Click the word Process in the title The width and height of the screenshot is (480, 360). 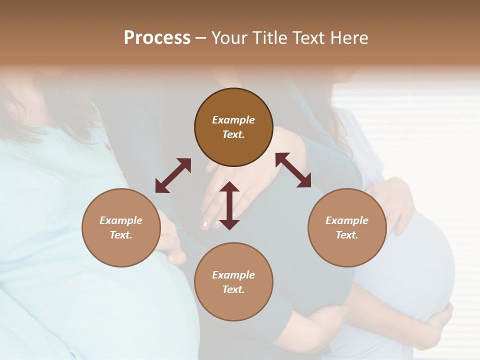(157, 38)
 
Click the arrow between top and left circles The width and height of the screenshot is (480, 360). (173, 175)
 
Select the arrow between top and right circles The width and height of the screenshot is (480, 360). (293, 170)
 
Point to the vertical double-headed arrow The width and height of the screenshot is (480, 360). (229, 205)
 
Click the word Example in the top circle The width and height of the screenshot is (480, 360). (233, 120)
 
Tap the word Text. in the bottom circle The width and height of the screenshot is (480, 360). (233, 289)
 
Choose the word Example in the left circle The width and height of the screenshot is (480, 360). (121, 220)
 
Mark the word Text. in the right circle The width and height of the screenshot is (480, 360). (347, 235)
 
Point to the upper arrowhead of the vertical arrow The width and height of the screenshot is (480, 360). (229, 187)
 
